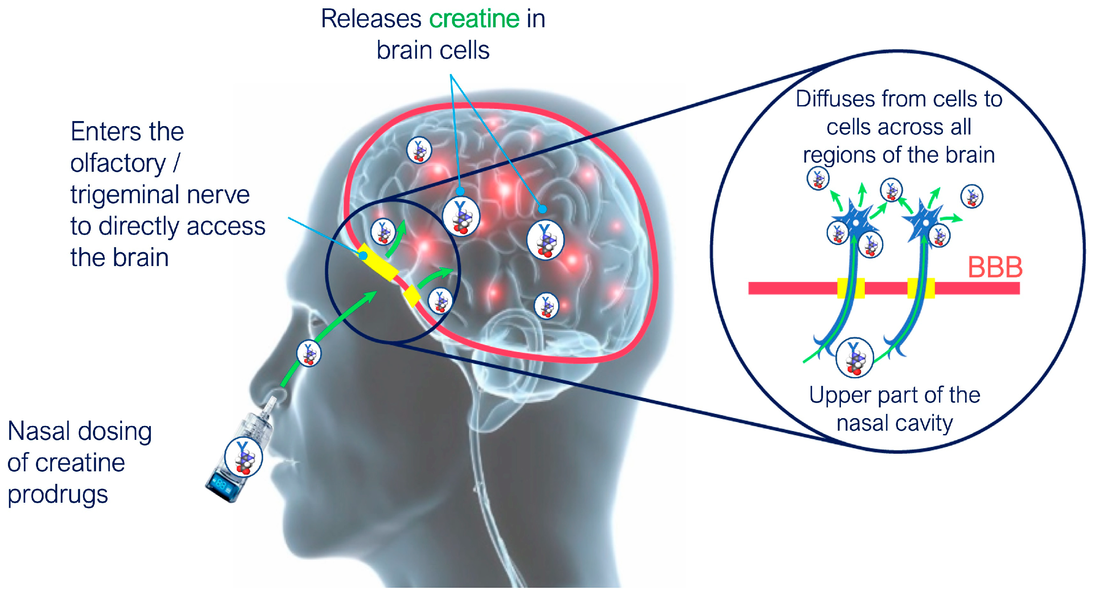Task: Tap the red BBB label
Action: pyautogui.click(x=995, y=267)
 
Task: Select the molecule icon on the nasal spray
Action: pyautogui.click(x=243, y=457)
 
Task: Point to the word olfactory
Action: pyautogui.click(x=118, y=163)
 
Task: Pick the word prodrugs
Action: pyautogui.click(x=58, y=495)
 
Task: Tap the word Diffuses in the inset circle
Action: pyautogui.click(x=835, y=99)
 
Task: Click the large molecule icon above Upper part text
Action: pyautogui.click(x=854, y=358)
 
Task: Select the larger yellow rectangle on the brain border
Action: pyautogui.click(x=379, y=262)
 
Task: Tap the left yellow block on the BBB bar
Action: pyautogui.click(x=850, y=288)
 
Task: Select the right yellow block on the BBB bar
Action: pyautogui.click(x=921, y=288)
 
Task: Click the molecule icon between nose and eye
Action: pyautogui.click(x=309, y=353)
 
